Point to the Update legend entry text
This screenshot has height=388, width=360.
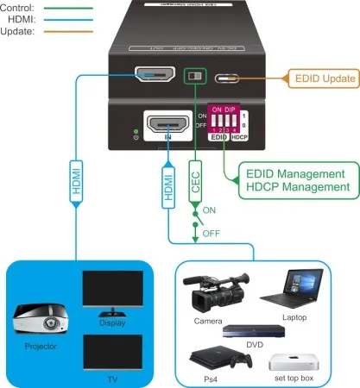[19, 32]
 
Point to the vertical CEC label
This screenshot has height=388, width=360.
[196, 184]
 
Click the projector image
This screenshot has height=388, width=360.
[41, 322]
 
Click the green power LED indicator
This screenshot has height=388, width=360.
[136, 132]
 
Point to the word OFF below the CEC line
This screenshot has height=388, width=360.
[212, 233]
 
